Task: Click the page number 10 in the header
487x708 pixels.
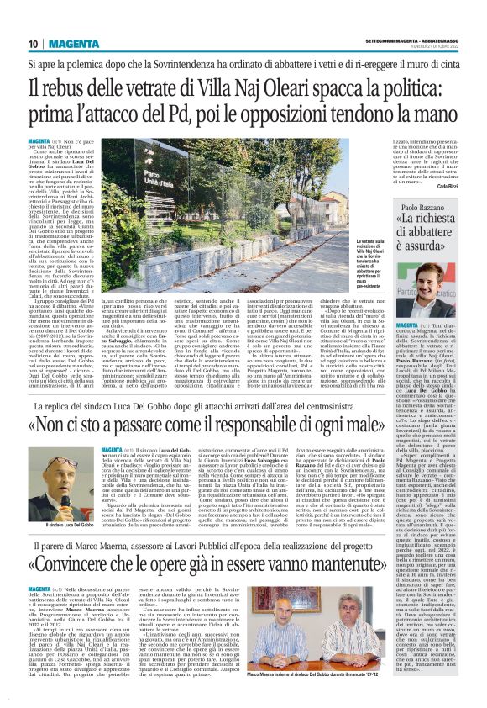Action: [33, 44]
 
